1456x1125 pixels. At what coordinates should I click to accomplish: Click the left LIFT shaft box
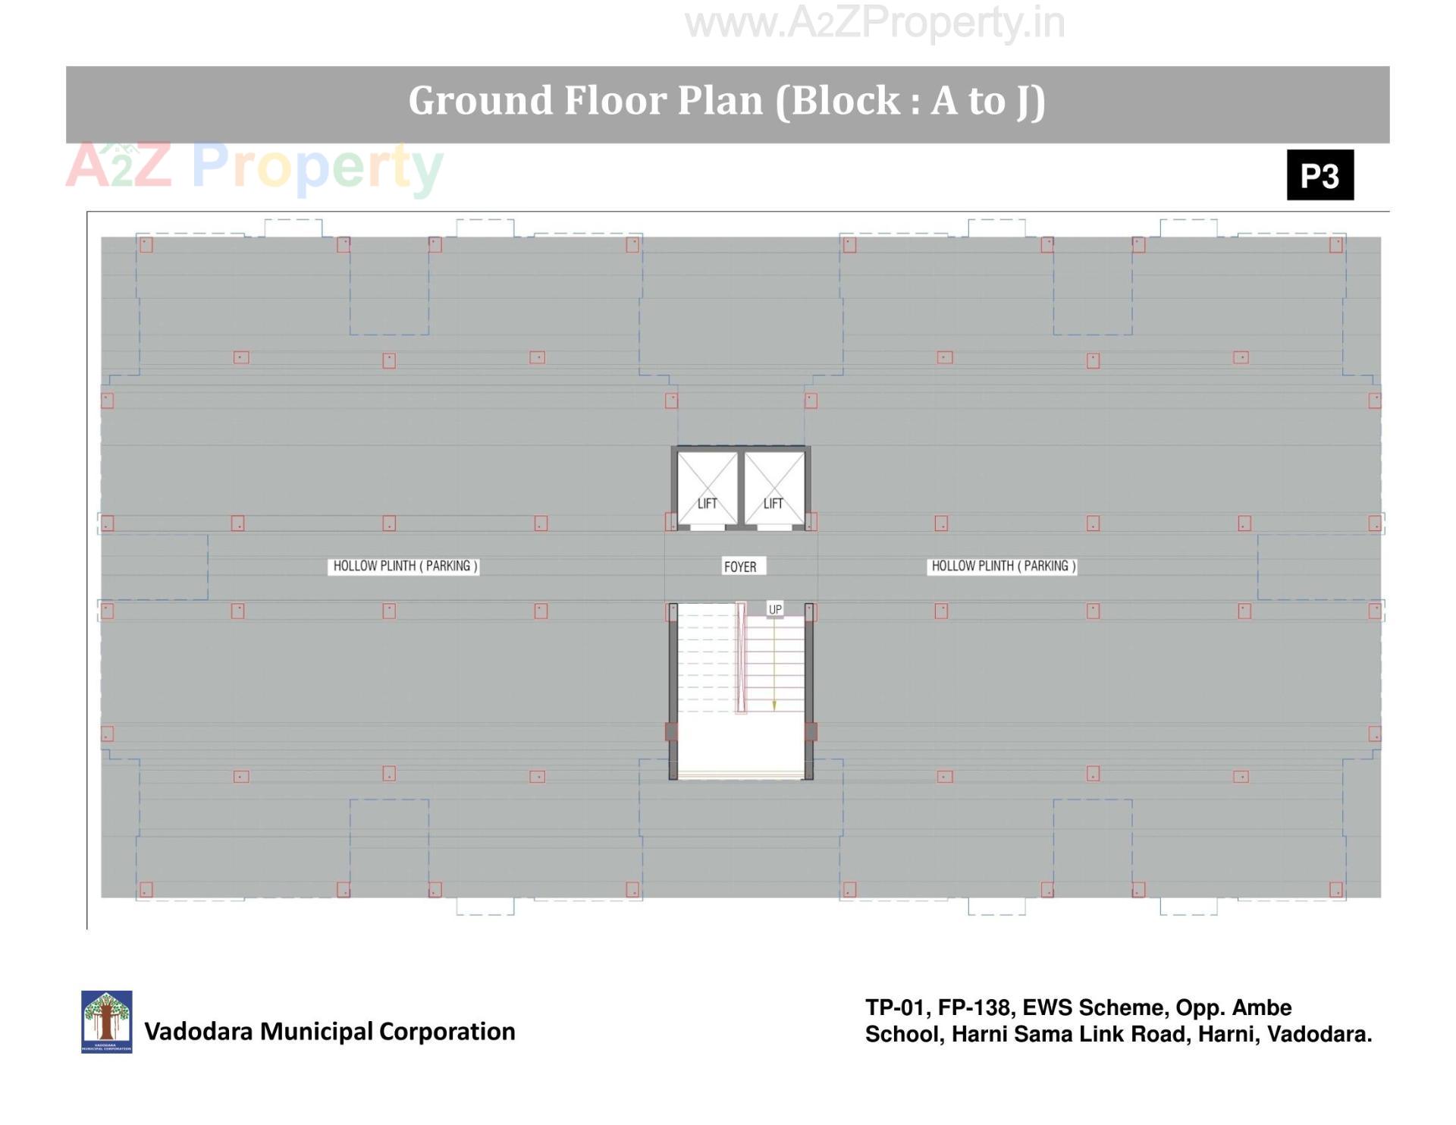pyautogui.click(x=707, y=487)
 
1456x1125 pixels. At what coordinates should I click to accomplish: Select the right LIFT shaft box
pyautogui.click(x=774, y=487)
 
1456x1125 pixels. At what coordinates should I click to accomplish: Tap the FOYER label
pyautogui.click(x=740, y=567)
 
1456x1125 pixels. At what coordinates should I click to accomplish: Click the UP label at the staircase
pyautogui.click(x=775, y=609)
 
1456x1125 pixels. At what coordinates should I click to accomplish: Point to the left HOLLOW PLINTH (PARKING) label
pyautogui.click(x=405, y=566)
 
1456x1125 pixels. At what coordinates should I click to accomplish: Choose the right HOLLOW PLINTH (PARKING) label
pyautogui.click(x=1003, y=566)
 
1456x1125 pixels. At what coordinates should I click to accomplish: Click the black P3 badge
pyautogui.click(x=1319, y=175)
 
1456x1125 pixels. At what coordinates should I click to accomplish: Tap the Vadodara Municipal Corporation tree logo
pyautogui.click(x=106, y=1021)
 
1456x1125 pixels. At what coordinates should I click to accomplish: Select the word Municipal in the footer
pyautogui.click(x=317, y=1032)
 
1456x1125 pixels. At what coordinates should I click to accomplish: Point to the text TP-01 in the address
pyautogui.click(x=894, y=1007)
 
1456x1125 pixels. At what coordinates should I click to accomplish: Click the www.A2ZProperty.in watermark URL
pyautogui.click(x=874, y=23)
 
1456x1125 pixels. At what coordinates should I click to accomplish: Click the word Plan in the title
pyautogui.click(x=720, y=100)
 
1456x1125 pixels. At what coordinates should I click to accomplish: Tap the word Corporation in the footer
pyautogui.click(x=447, y=1032)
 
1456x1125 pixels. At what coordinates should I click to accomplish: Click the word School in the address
pyautogui.click(x=902, y=1034)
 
